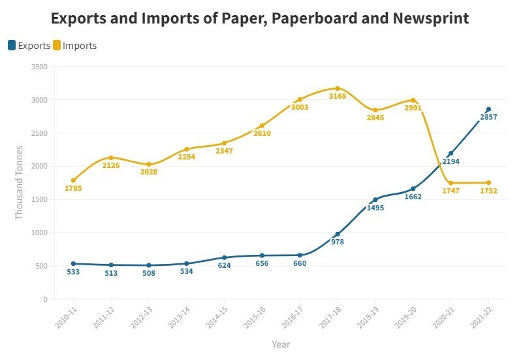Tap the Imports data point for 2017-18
click(338, 88)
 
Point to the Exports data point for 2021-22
click(488, 109)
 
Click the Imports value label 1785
click(73, 189)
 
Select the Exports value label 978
click(338, 242)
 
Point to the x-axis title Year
click(281, 344)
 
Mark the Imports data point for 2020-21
click(450, 183)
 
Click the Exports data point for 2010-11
click(73, 263)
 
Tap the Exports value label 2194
click(450, 161)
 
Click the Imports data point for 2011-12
click(111, 157)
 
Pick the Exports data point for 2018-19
click(375, 199)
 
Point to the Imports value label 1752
click(488, 191)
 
